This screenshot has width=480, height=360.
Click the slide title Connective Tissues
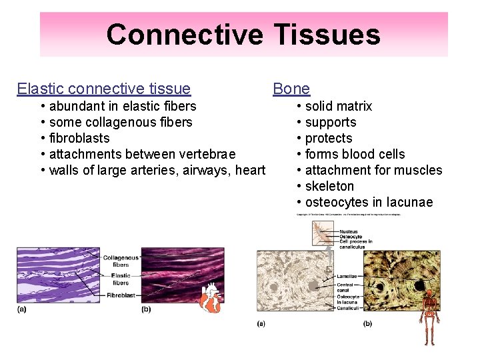tap(243, 35)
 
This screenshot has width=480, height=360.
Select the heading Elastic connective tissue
tap(103, 89)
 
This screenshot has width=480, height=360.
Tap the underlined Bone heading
tap(291, 89)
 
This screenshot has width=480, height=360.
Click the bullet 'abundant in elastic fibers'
tap(123, 106)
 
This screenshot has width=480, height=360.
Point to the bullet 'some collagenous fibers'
tap(121, 122)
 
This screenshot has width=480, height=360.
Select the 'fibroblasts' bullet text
tap(79, 138)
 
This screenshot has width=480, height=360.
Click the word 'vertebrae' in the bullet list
tap(207, 154)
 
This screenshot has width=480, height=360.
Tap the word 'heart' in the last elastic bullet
tap(250, 170)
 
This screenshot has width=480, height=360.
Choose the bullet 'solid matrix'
tap(338, 106)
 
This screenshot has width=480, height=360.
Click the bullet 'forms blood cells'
tap(355, 154)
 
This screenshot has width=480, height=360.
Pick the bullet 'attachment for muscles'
tap(373, 170)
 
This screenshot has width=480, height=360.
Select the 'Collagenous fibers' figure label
tap(121, 261)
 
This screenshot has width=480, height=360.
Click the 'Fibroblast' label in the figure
tap(119, 294)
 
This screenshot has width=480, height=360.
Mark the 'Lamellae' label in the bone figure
tap(347, 276)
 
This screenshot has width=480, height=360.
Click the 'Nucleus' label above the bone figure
tap(349, 231)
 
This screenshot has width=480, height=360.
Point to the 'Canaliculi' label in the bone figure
tap(349, 307)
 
